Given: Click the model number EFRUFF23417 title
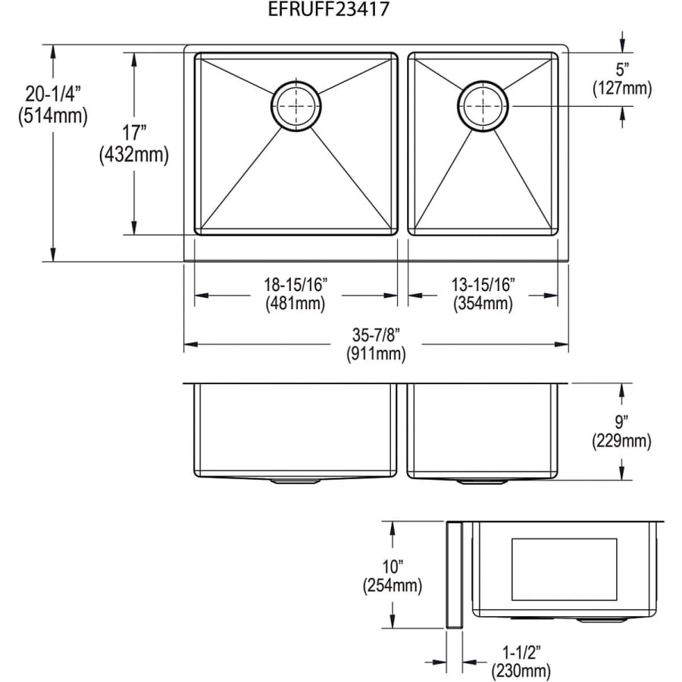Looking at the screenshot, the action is [328, 9].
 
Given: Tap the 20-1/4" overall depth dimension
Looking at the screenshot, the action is [53, 93].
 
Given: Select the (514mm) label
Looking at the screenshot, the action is [53, 116].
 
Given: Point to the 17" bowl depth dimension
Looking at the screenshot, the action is [133, 132].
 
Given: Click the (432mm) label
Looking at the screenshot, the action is [133, 155].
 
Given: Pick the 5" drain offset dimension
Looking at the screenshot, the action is [622, 70].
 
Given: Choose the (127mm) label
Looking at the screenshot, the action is [622, 89].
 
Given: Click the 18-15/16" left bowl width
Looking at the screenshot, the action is [296, 285].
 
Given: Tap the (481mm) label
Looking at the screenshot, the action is [296, 303].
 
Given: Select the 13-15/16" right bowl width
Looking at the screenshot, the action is [483, 285].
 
